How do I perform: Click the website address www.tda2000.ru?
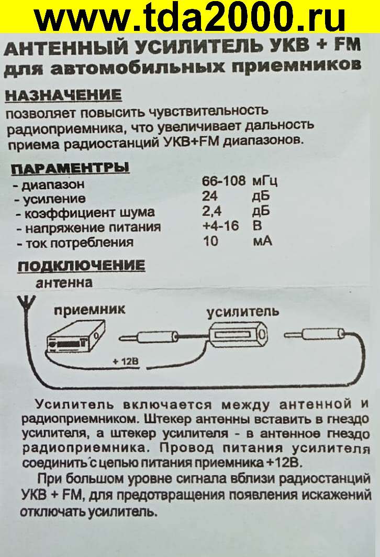[190, 17]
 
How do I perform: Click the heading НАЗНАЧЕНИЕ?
[63, 95]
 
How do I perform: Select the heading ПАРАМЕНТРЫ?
[70, 168]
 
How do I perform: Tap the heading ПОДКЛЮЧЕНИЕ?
[81, 266]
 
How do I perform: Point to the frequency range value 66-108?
[223, 181]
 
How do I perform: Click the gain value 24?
[210, 196]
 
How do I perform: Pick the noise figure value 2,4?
[212, 211]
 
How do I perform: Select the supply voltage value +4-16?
[221, 226]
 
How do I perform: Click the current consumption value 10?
[210, 241]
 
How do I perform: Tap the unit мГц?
[265, 181]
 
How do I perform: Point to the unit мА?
[262, 241]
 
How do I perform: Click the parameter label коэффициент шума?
[90, 212]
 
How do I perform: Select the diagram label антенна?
[64, 283]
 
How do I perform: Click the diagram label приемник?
[90, 310]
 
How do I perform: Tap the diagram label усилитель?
[243, 312]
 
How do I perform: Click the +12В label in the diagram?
[126, 362]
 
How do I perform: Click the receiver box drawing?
[76, 337]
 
